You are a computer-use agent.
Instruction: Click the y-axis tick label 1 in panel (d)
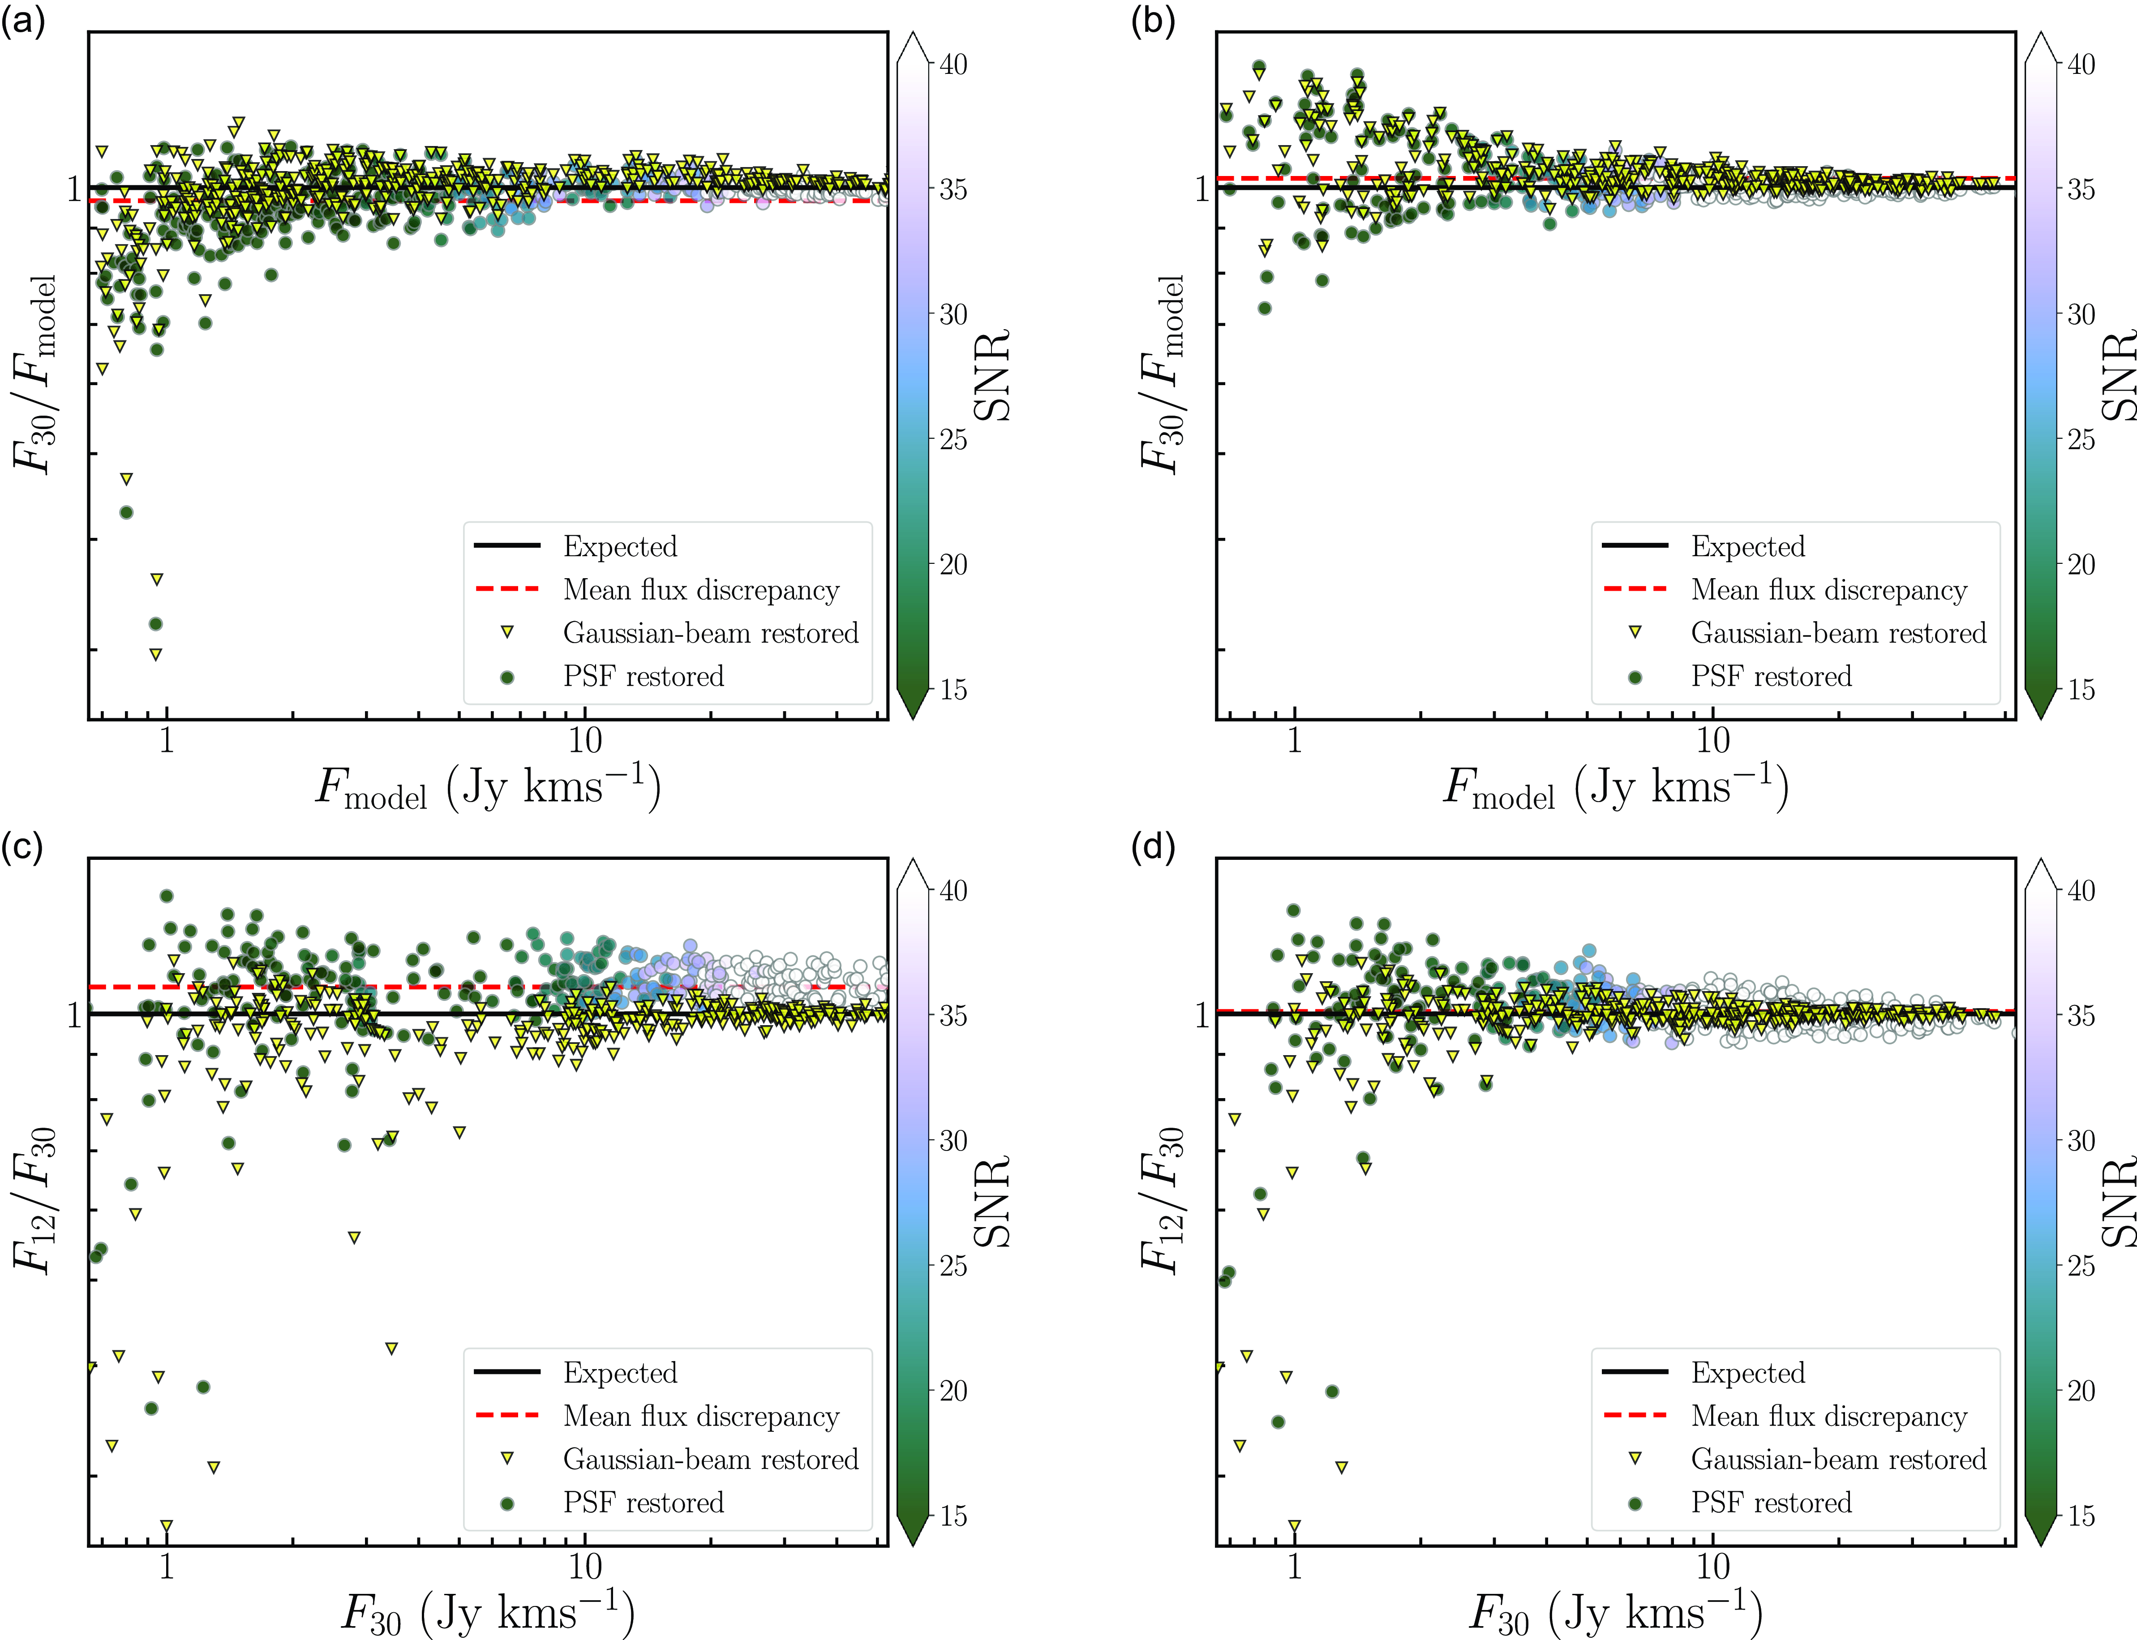[x=1202, y=1015]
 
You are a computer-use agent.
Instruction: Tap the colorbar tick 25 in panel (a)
[x=954, y=439]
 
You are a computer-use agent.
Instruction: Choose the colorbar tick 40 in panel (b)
[x=2081, y=64]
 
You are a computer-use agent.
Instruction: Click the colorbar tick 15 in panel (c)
[x=954, y=1516]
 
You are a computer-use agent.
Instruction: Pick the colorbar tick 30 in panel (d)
[x=2081, y=1140]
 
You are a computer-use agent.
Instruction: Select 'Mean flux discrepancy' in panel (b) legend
[x=1828, y=590]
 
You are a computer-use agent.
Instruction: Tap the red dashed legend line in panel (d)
[x=1635, y=1414]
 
